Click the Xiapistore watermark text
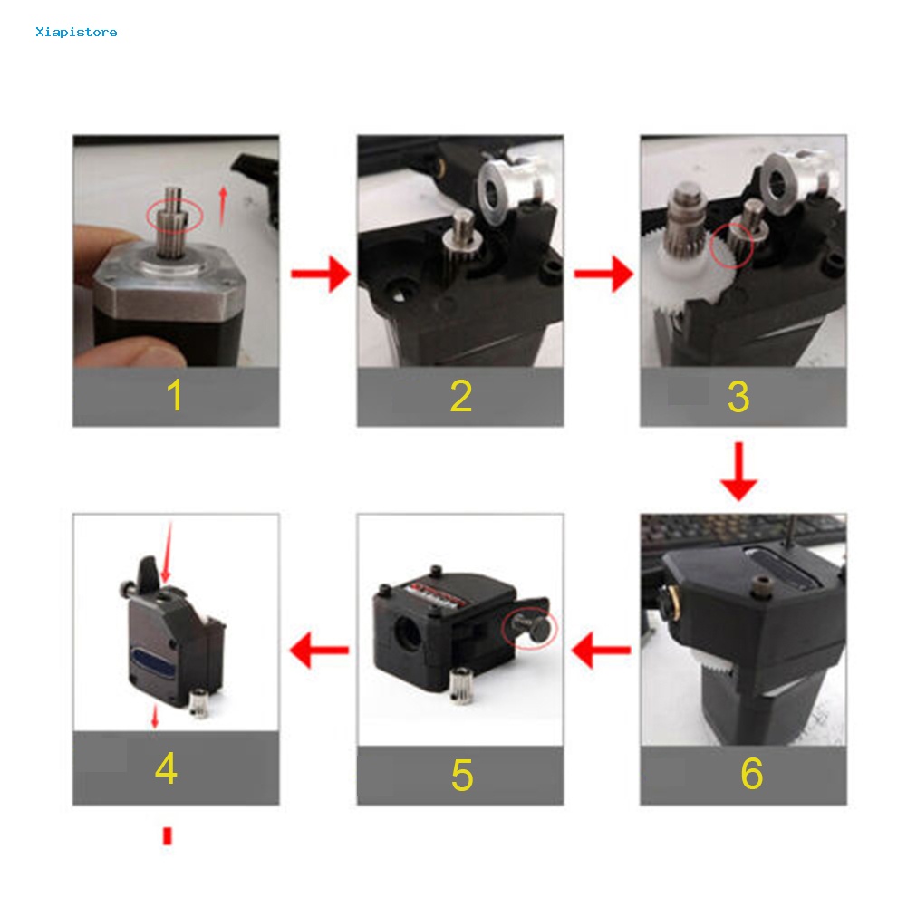pos(76,33)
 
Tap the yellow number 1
pos(175,396)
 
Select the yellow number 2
pos(460,396)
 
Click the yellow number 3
pos(738,397)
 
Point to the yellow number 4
pos(166,769)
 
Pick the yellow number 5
pos(461,775)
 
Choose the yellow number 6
pos(751,773)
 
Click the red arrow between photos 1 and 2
pos(319,273)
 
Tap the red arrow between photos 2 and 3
pos(603,273)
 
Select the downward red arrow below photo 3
pos(739,471)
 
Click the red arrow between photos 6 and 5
pos(602,650)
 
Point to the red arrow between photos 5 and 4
pos(318,650)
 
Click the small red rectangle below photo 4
pos(167,835)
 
